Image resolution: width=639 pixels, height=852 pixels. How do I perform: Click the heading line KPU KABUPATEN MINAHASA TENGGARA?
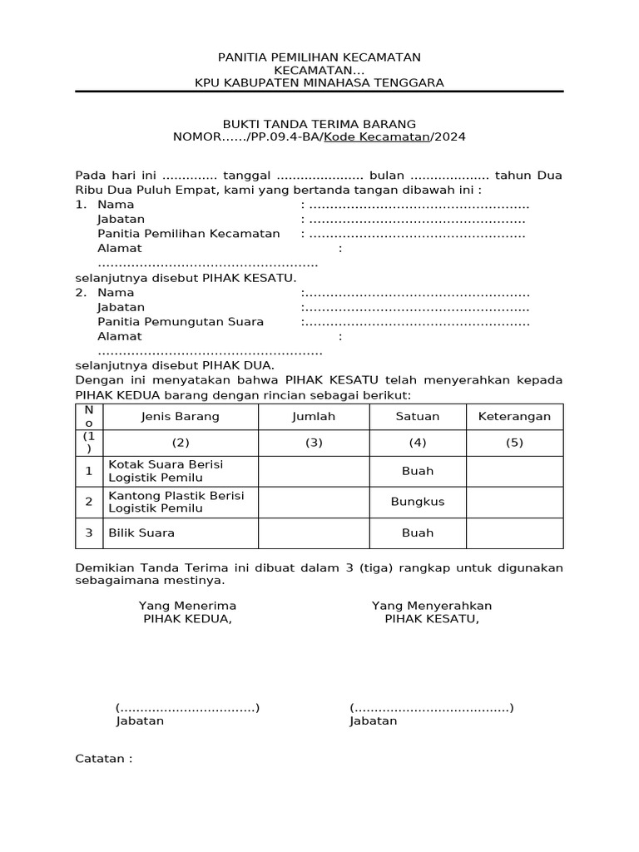point(319,82)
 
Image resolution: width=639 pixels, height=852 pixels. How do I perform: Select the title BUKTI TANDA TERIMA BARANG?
point(319,123)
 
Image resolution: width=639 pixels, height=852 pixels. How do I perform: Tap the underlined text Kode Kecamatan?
point(376,136)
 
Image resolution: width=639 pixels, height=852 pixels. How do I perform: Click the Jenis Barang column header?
point(180,417)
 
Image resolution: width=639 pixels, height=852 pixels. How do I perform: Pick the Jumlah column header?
point(314,417)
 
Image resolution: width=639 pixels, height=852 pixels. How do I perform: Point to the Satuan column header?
point(418,417)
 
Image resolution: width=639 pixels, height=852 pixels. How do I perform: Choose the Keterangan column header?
point(514,417)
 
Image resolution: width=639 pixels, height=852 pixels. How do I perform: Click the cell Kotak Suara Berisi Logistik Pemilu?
point(166,471)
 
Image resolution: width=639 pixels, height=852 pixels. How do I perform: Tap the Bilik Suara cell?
point(141,533)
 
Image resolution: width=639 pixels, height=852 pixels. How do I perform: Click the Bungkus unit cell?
point(418,502)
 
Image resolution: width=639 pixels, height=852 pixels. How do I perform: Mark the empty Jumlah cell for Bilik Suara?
point(314,533)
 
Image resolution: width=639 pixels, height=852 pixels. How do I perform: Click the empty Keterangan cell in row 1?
point(514,471)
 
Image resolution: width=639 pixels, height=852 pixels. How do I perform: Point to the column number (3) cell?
point(314,443)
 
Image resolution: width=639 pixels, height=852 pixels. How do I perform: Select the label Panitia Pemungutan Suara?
point(181,322)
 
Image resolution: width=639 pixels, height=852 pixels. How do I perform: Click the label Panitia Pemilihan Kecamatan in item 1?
point(189,234)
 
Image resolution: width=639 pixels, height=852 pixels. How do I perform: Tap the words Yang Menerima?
point(187,606)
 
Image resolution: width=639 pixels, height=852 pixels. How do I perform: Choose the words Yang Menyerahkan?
point(432,606)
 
